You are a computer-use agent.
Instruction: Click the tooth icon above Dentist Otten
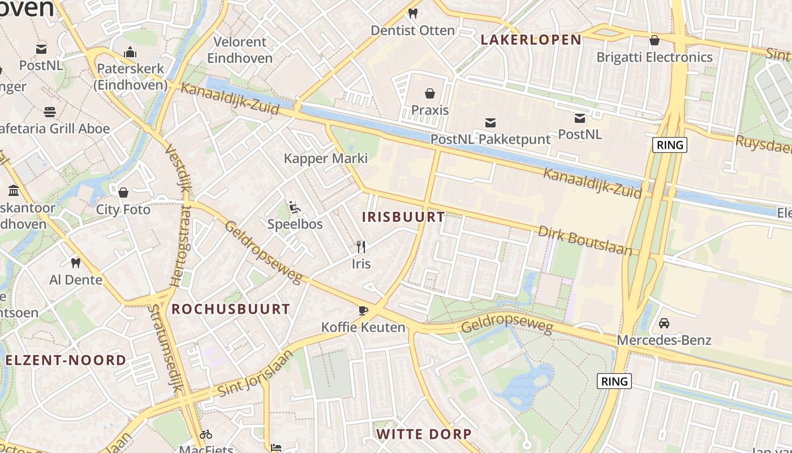(x=412, y=13)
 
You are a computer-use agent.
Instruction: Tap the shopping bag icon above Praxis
(x=430, y=93)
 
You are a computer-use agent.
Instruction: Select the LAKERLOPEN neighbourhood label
(x=531, y=40)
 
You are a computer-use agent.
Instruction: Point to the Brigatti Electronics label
(x=655, y=57)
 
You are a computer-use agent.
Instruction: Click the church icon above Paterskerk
(x=131, y=52)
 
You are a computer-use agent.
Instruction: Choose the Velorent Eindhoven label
(x=240, y=50)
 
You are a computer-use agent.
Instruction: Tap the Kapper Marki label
(x=326, y=159)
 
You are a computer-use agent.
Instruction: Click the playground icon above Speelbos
(x=294, y=207)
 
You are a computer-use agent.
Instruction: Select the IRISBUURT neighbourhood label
(x=403, y=217)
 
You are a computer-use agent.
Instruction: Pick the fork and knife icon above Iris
(x=361, y=246)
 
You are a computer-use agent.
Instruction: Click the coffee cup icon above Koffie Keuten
(x=363, y=310)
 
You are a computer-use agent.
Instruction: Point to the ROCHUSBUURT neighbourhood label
(x=231, y=309)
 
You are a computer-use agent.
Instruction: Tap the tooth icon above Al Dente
(x=76, y=263)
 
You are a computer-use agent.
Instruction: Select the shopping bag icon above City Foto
(x=123, y=193)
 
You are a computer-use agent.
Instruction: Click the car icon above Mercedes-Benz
(x=664, y=323)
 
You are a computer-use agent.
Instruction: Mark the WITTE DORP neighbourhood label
(x=424, y=434)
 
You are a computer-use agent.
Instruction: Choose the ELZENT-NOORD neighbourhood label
(x=66, y=360)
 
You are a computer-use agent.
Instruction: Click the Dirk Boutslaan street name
(x=585, y=241)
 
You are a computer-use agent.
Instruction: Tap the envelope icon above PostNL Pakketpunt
(x=490, y=122)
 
